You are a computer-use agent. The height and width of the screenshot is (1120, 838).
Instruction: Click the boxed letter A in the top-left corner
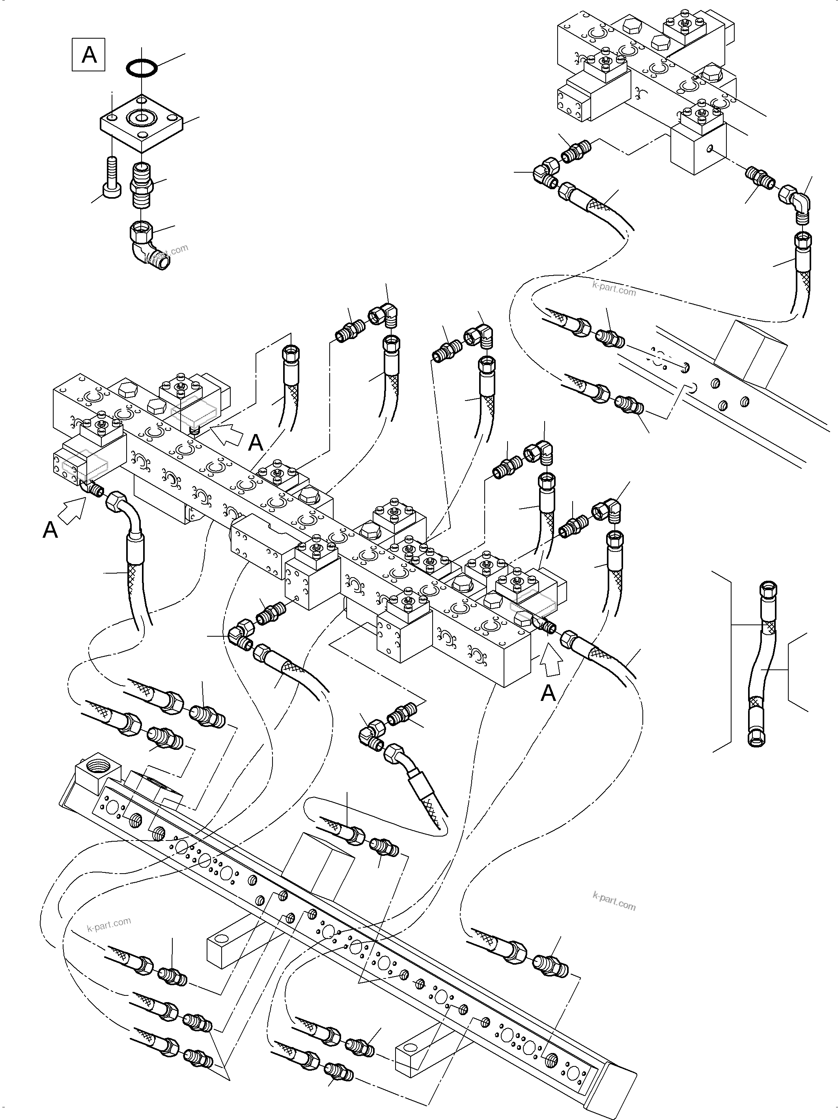tap(89, 54)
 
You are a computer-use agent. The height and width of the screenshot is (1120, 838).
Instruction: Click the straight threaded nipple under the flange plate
tap(142, 184)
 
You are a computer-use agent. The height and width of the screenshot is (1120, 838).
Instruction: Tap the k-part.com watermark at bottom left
tap(109, 924)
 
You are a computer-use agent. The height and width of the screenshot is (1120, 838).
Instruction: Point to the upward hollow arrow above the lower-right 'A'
tap(552, 661)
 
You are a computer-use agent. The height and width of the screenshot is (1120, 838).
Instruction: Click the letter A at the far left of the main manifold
tap(50, 531)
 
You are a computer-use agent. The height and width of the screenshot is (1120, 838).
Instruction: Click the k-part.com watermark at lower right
tap(614, 902)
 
